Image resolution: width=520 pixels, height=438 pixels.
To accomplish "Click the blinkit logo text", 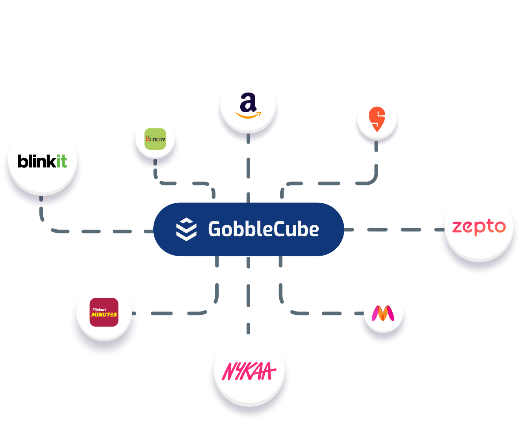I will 42,161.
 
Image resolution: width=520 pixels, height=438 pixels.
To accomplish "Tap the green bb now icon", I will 155,139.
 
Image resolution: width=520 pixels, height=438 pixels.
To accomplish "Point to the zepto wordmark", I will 479,227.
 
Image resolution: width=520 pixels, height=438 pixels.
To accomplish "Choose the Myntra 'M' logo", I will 383,314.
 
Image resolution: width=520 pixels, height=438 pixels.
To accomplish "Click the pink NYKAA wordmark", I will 249,371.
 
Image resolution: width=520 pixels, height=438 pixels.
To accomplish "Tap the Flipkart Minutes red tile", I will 104,312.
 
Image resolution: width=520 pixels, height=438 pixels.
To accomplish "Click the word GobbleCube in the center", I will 263,229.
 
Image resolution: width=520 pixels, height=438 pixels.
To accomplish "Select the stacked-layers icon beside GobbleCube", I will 186,229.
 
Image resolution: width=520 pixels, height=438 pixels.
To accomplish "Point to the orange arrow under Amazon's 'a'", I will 248,115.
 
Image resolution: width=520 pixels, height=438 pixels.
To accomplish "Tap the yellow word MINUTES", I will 104,315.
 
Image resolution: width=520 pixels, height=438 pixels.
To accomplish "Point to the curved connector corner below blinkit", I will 45,226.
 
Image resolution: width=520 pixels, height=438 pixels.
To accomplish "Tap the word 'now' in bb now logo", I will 159,139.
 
